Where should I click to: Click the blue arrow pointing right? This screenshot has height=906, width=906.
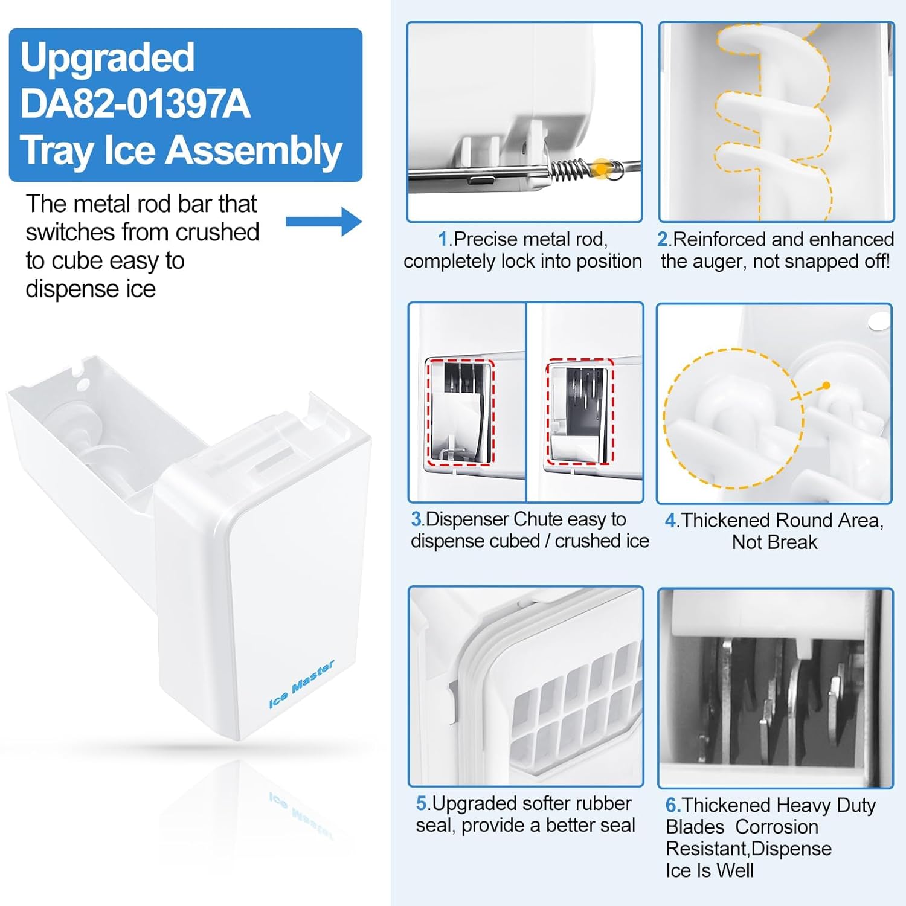(324, 222)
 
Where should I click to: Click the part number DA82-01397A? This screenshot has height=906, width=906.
(135, 103)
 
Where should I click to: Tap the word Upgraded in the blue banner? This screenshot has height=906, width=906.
(108, 57)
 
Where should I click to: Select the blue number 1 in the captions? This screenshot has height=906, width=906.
(443, 240)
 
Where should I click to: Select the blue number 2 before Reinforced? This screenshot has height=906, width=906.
(663, 240)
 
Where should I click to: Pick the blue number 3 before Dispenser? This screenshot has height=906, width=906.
(417, 519)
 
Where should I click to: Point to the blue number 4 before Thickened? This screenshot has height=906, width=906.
(670, 521)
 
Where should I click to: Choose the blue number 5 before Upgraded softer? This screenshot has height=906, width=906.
(422, 803)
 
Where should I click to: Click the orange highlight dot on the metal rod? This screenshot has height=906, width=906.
(602, 169)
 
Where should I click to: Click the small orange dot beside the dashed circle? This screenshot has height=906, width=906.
(826, 385)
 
